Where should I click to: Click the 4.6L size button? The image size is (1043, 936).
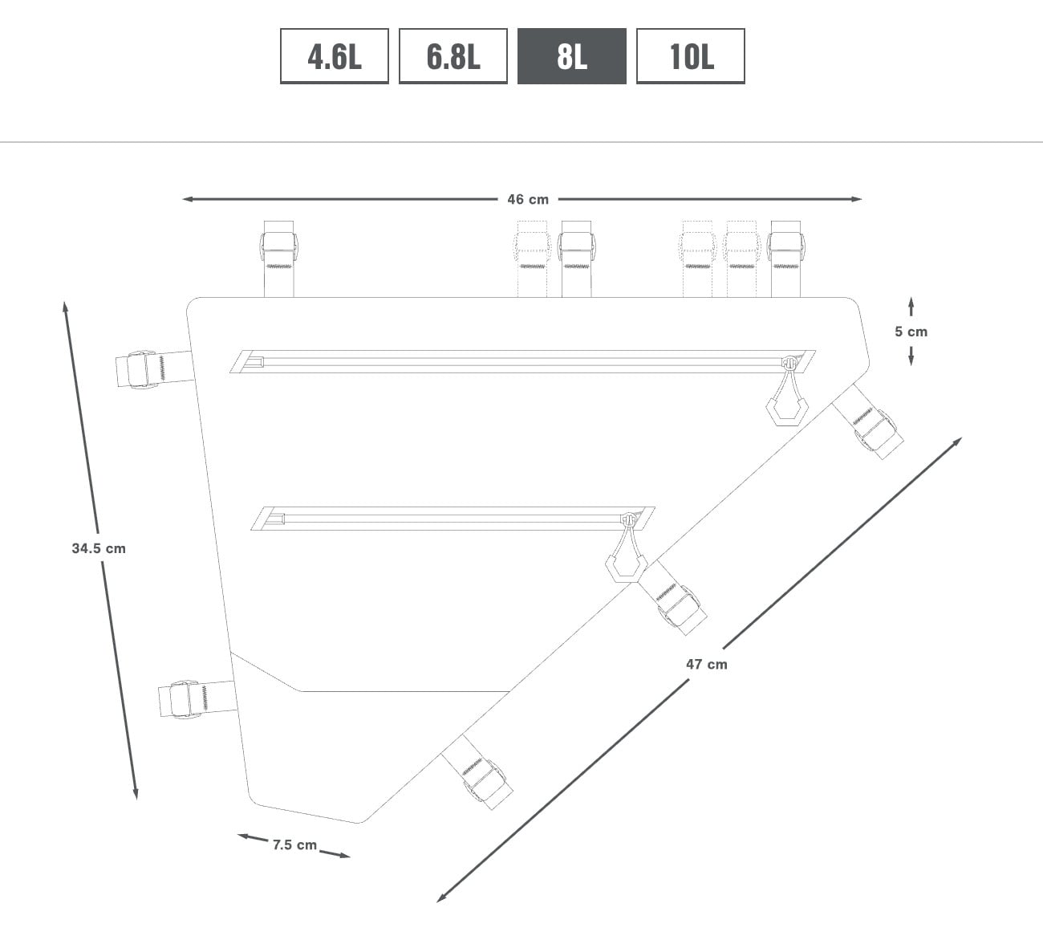[x=334, y=56]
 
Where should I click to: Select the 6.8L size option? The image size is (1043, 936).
[x=453, y=56]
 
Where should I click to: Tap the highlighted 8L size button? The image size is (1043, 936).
[x=571, y=56]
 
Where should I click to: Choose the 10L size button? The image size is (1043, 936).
[x=690, y=56]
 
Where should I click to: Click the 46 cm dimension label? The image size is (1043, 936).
[x=528, y=199]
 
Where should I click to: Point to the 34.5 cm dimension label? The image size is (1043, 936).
[x=99, y=548]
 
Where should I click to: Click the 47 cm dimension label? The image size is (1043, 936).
[x=707, y=664]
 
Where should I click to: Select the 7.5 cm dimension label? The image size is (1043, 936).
[x=294, y=844]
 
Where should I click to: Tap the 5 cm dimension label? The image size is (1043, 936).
[x=911, y=332]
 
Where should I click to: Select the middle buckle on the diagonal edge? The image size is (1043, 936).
[x=680, y=605]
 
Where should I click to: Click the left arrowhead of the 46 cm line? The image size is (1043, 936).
[x=187, y=199]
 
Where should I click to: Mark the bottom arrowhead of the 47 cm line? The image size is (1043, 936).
[x=440, y=898]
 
